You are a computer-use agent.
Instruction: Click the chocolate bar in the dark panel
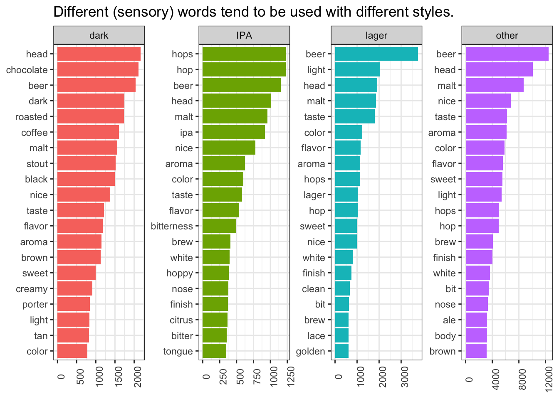(x=98, y=70)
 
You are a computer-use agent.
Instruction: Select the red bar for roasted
(x=90, y=117)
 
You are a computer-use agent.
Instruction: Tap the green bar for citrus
(x=215, y=320)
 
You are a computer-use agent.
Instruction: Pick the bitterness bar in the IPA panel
(x=219, y=226)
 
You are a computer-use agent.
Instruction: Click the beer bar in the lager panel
(x=376, y=54)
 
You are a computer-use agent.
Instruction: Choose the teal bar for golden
(x=341, y=351)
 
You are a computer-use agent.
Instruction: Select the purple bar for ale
(x=476, y=320)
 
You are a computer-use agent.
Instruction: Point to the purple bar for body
(x=476, y=336)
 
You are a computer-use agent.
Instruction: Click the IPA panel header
(x=244, y=35)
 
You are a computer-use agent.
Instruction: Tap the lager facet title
(x=376, y=35)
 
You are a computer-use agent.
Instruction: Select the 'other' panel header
(x=507, y=35)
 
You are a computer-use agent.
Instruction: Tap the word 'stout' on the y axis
(x=37, y=164)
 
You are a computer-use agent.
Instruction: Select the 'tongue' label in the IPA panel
(x=178, y=352)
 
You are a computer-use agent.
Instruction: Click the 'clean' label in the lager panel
(x=313, y=289)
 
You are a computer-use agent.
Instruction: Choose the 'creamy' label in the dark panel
(x=32, y=289)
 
